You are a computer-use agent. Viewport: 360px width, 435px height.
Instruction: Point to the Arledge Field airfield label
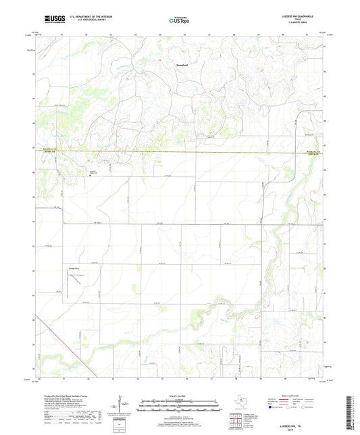pyautogui.click(x=73, y=269)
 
